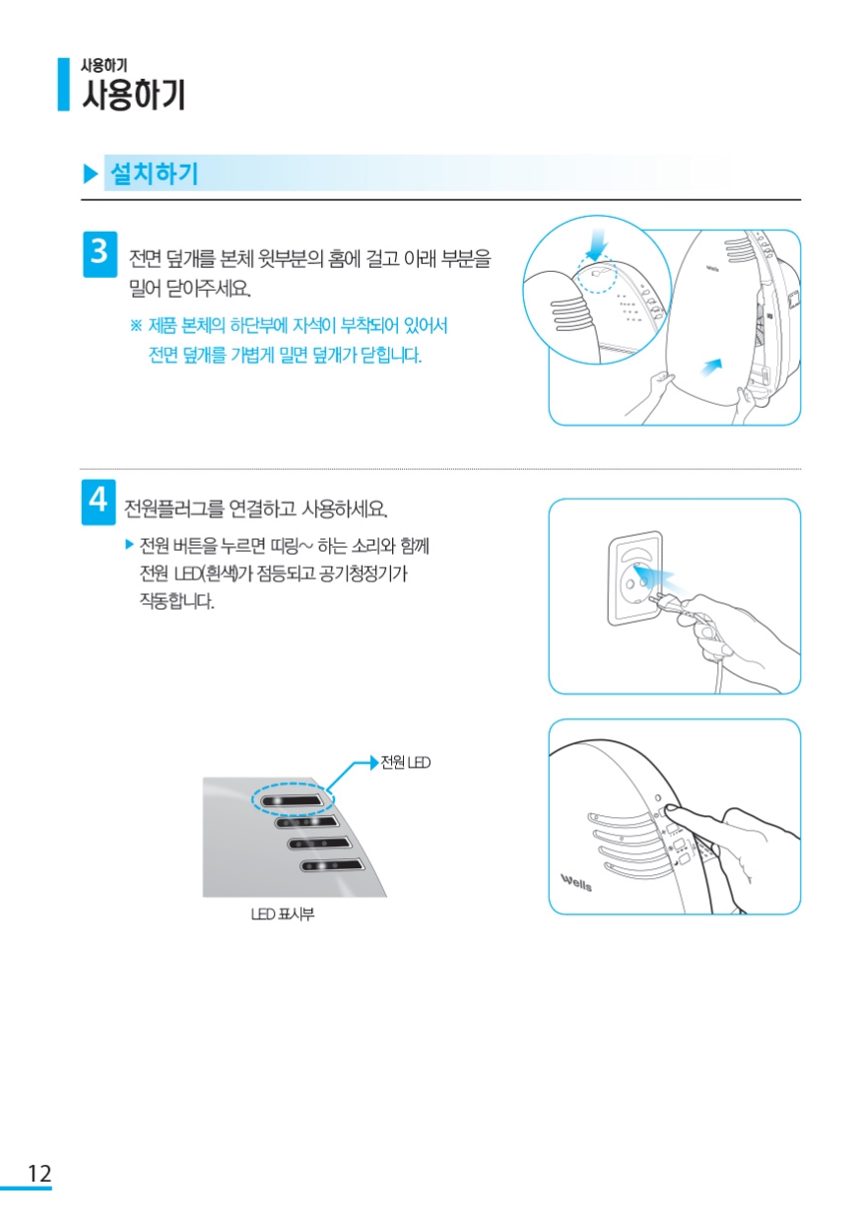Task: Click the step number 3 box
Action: click(99, 254)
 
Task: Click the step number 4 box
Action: click(99, 502)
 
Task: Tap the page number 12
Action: click(39, 1174)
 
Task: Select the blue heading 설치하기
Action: click(154, 173)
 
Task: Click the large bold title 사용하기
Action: click(134, 95)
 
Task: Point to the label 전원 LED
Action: click(405, 762)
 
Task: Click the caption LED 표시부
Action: click(283, 915)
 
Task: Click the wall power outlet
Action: click(635, 577)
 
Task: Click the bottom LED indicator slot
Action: click(332, 865)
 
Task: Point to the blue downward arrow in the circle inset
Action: click(598, 244)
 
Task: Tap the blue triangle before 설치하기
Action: click(90, 173)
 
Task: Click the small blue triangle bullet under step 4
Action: click(129, 544)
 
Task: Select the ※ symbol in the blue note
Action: click(136, 326)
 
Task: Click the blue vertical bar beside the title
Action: click(64, 85)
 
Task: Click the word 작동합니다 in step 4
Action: click(177, 601)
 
